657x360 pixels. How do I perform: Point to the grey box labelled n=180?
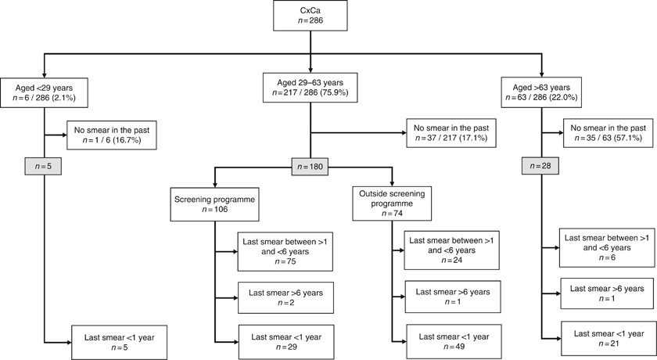click(311, 167)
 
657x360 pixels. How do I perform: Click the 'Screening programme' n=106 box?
click(214, 205)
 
